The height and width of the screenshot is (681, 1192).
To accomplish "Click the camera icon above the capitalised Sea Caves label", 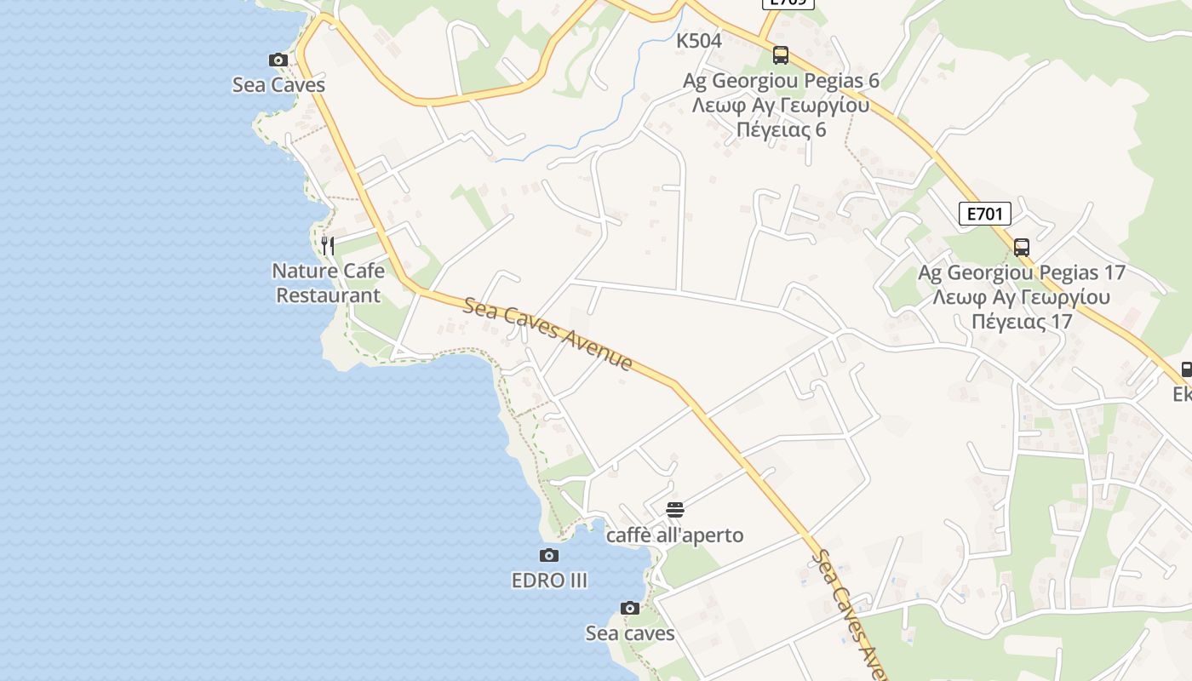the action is (278, 60).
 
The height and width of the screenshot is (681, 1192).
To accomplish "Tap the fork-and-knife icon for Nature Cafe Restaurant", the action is (328, 246).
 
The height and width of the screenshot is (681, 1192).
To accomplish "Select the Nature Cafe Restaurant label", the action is (328, 283).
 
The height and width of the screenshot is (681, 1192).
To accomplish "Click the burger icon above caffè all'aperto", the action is (675, 510).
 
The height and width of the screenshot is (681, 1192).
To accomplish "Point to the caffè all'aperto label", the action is (674, 535).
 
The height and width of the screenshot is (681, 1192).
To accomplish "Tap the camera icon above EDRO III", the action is (549, 556).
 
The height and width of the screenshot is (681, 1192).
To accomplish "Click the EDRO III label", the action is (549, 581).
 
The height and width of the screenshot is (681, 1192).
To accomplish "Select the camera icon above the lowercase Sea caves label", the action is (630, 608).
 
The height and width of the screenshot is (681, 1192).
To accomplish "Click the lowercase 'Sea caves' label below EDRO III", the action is (630, 633).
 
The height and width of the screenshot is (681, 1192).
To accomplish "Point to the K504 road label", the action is (699, 41).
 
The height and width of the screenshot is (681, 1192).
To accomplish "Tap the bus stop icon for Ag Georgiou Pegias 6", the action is (781, 55).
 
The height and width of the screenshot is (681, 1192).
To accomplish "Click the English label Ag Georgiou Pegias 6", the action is (781, 81).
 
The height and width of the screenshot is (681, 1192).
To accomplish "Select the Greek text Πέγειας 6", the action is (781, 130).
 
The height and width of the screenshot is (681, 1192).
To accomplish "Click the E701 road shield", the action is (985, 214).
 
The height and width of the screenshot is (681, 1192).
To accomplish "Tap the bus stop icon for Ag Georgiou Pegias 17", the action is (1022, 248).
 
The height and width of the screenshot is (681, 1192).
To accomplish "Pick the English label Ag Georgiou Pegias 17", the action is (1022, 273).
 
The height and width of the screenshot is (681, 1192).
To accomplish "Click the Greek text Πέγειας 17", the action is (1022, 322).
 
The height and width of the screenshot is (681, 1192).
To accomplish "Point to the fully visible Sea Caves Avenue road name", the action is (548, 333).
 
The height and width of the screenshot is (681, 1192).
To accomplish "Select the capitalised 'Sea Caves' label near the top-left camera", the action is (278, 85).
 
